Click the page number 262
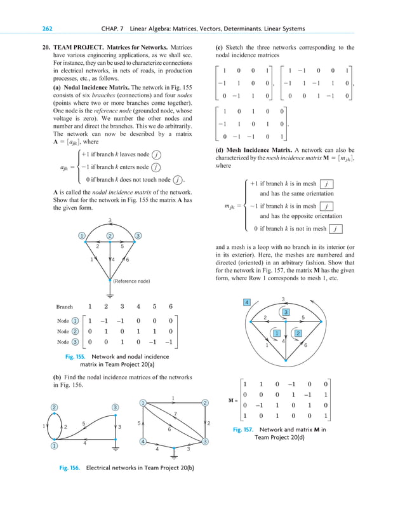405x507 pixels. [47, 29]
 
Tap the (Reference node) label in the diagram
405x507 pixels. [131, 281]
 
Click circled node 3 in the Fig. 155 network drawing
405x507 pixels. [138, 236]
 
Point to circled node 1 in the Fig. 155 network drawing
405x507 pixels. [82, 236]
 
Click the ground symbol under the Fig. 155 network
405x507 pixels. [110, 294]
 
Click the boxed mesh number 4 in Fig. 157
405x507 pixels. [246, 302]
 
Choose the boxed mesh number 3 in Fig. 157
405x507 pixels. [286, 312]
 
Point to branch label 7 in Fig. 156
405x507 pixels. [174, 414]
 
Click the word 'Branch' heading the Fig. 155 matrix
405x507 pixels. [64, 306]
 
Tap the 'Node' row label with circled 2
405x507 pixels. [68, 331]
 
